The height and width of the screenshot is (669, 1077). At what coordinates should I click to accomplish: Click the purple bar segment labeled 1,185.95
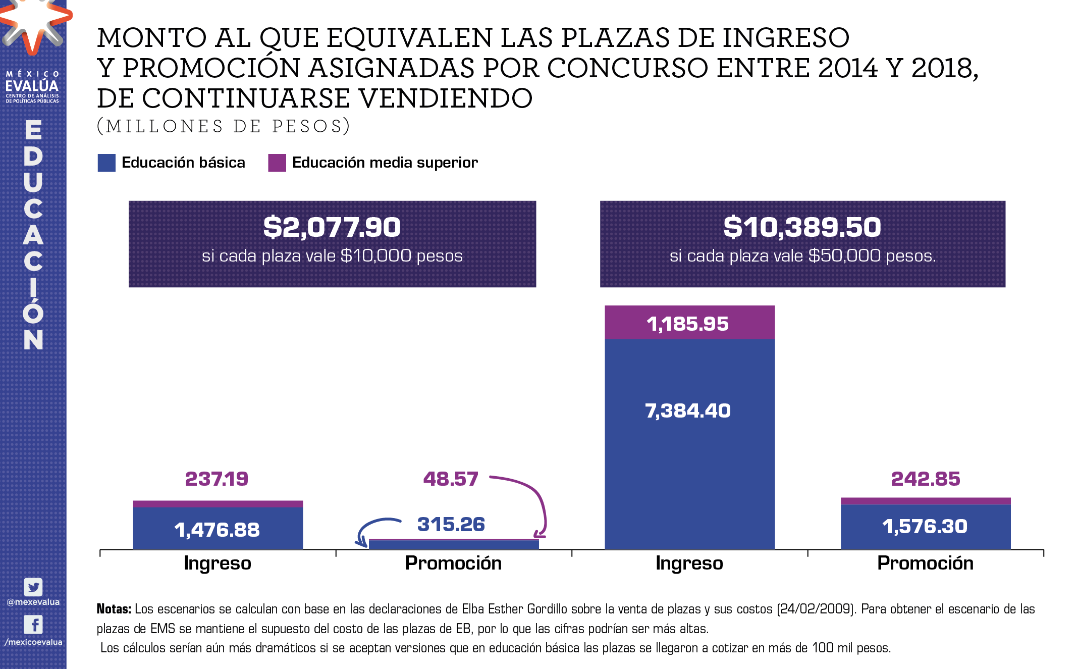point(689,323)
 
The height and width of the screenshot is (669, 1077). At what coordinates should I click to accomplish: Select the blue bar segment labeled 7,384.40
point(689,444)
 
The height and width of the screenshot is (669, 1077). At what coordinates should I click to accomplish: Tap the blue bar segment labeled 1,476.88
point(218,529)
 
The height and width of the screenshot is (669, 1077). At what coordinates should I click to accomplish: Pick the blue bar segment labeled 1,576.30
point(925,527)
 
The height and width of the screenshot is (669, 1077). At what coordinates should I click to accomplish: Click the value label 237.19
point(217,479)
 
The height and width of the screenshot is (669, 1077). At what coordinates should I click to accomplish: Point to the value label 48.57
point(450,479)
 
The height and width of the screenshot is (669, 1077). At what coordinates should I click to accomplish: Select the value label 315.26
point(451,524)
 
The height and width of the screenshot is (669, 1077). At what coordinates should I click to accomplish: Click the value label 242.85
point(925,479)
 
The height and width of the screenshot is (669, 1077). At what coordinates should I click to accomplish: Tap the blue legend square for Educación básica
point(106,163)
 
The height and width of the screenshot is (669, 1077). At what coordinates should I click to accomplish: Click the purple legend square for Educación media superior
point(277,163)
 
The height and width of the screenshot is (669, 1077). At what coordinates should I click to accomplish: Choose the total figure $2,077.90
point(332,227)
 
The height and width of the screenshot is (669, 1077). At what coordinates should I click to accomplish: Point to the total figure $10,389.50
point(802,227)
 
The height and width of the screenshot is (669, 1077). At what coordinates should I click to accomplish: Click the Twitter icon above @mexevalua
point(33,587)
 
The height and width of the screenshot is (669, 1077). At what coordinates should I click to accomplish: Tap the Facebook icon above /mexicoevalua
point(33,625)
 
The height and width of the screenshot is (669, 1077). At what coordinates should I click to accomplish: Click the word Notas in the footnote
point(114,609)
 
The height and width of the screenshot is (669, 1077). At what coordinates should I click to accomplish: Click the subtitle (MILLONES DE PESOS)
point(223,126)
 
